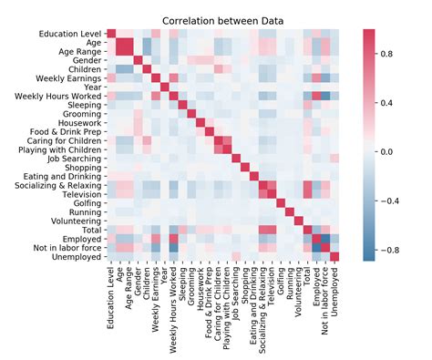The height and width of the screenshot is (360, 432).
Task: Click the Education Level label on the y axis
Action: click(70, 34)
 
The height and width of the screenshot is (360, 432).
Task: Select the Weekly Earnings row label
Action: click(73, 77)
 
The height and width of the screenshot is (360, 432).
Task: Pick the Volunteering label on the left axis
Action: click(77, 220)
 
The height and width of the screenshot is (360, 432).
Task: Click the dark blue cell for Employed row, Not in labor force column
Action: click(324, 239)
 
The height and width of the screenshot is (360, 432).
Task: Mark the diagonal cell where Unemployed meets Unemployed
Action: click(334, 256)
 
